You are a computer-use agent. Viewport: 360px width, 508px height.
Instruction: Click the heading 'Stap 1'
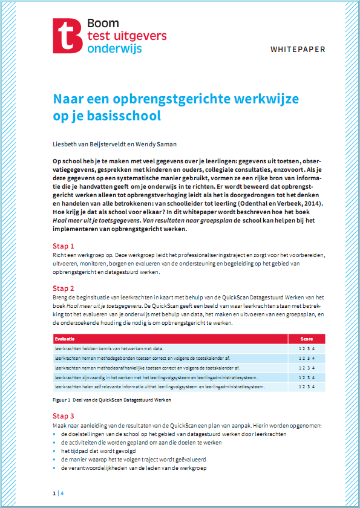coord(63,246)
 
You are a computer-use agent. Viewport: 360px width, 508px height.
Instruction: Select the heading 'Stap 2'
coord(63,288)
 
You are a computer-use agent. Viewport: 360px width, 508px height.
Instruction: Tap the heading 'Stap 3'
coord(63,416)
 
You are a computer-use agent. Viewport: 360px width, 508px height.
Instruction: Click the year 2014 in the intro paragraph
coord(316,205)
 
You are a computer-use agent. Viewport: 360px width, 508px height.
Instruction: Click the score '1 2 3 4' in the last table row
coord(308,386)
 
